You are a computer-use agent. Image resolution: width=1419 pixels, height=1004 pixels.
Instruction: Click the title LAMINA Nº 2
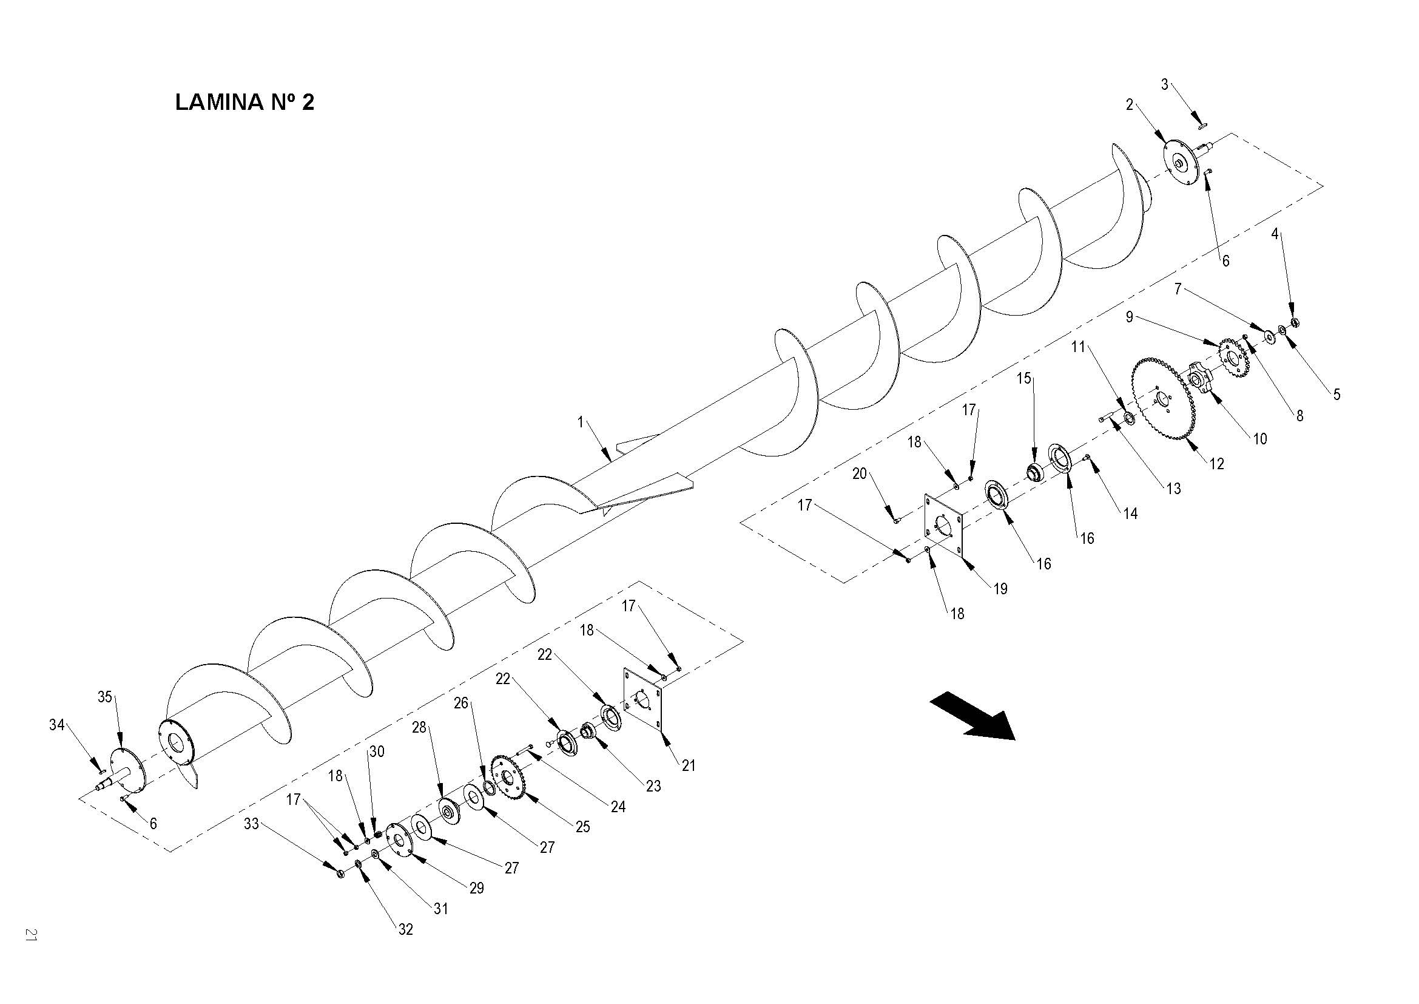coord(244,102)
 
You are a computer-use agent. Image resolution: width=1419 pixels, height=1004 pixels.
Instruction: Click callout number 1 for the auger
coord(581,422)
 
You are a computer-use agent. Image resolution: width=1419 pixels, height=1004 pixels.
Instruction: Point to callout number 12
coord(1216,464)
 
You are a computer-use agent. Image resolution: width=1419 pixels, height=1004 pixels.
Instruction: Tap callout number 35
coord(104,697)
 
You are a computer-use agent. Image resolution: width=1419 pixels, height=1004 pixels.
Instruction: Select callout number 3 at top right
coord(1164,85)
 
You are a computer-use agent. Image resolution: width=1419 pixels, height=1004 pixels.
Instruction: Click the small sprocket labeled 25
coord(507,776)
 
